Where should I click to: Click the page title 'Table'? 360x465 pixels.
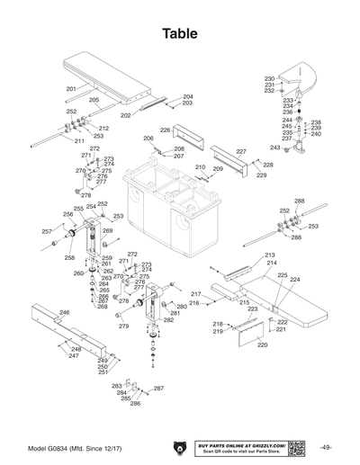click(x=180, y=33)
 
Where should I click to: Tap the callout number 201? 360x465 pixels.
click(x=71, y=89)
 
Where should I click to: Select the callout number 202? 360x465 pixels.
click(x=126, y=115)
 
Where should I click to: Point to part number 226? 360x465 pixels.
click(x=165, y=130)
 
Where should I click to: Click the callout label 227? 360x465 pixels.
click(x=241, y=152)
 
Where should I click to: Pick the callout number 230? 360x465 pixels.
click(x=269, y=79)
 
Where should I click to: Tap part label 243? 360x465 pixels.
click(x=275, y=148)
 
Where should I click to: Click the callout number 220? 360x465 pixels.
click(x=263, y=344)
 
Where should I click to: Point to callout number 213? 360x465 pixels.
click(x=270, y=255)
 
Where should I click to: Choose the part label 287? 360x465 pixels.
click(x=159, y=389)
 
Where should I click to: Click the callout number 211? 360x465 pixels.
click(x=79, y=141)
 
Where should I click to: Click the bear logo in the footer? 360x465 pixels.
click(x=180, y=447)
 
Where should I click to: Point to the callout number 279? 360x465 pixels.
click(x=124, y=326)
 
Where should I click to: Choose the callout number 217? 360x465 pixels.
click(x=196, y=294)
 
